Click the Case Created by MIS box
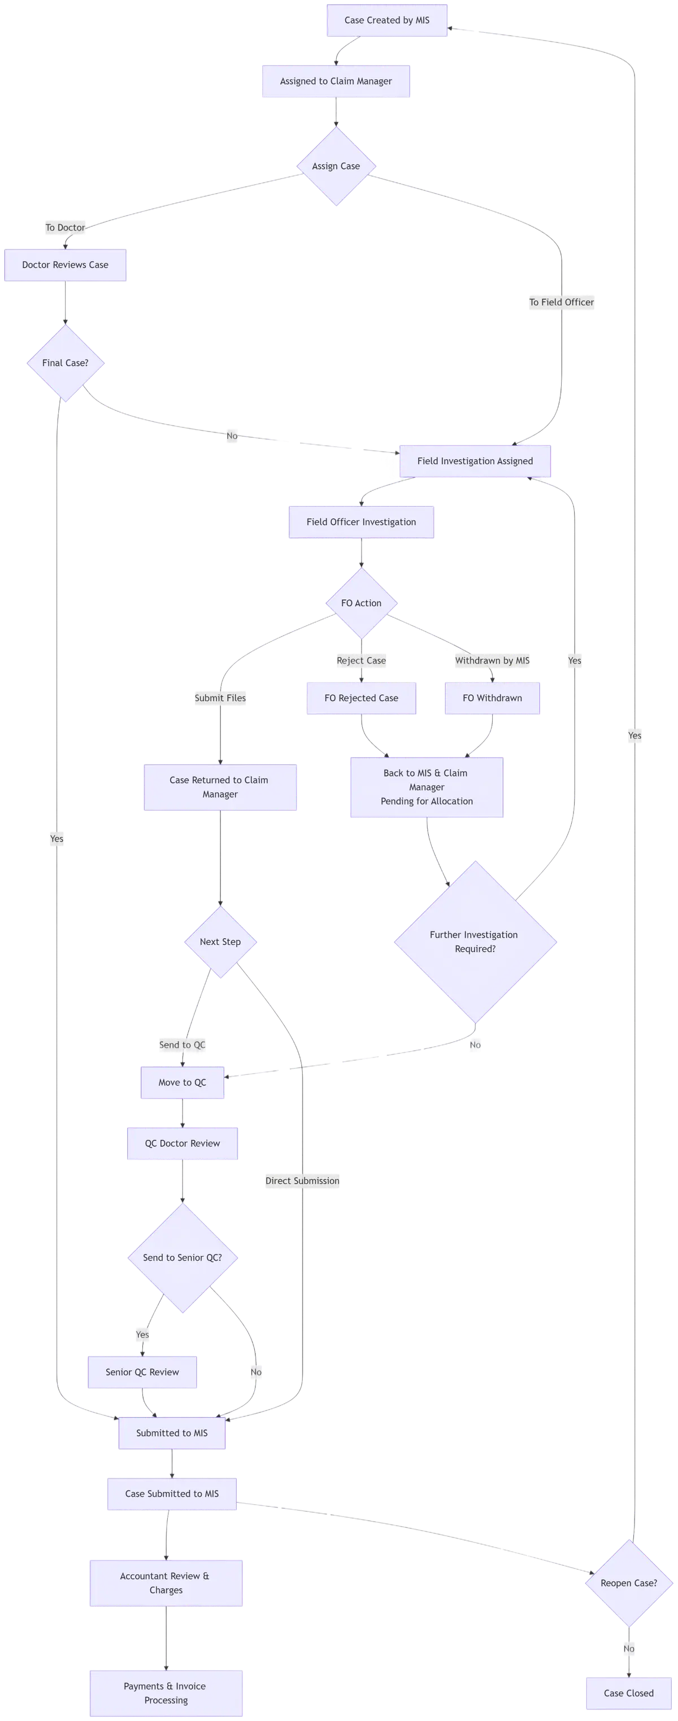coord(387,20)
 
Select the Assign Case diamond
coord(336,167)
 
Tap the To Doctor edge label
coord(65,228)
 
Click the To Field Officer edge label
coord(561,302)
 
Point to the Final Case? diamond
coord(65,363)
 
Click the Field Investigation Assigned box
coord(475,461)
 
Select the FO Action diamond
coord(360,603)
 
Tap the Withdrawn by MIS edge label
coord(492,661)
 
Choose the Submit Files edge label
coord(220,698)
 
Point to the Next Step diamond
coord(220,942)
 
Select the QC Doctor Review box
coord(182,1143)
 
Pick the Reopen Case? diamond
coord(628,1583)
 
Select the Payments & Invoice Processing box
coord(165,1693)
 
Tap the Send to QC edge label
coord(182,1045)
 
